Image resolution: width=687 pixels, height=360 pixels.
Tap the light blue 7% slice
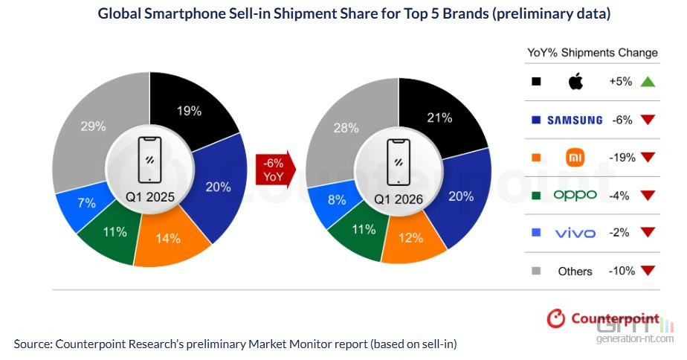(86, 204)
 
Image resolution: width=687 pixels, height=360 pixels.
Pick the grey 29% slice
(94, 127)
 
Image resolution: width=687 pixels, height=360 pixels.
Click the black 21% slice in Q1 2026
(440, 118)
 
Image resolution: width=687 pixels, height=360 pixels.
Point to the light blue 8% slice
(335, 201)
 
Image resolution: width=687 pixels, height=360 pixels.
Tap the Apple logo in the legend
(575, 82)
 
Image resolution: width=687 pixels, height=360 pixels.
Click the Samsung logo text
(575, 120)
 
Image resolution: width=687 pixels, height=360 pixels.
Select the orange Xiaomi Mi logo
(575, 158)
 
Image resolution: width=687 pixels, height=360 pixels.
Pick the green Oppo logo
(575, 195)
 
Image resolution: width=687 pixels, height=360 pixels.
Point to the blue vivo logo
(575, 234)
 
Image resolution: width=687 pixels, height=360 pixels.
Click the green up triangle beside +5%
(648, 82)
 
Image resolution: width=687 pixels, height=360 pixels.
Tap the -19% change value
(622, 158)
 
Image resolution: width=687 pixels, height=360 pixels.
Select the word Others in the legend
(575, 271)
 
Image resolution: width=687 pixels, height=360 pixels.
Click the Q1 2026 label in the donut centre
(399, 199)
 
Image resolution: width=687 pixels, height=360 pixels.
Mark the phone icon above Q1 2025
(150, 160)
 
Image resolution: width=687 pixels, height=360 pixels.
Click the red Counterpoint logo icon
(555, 318)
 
